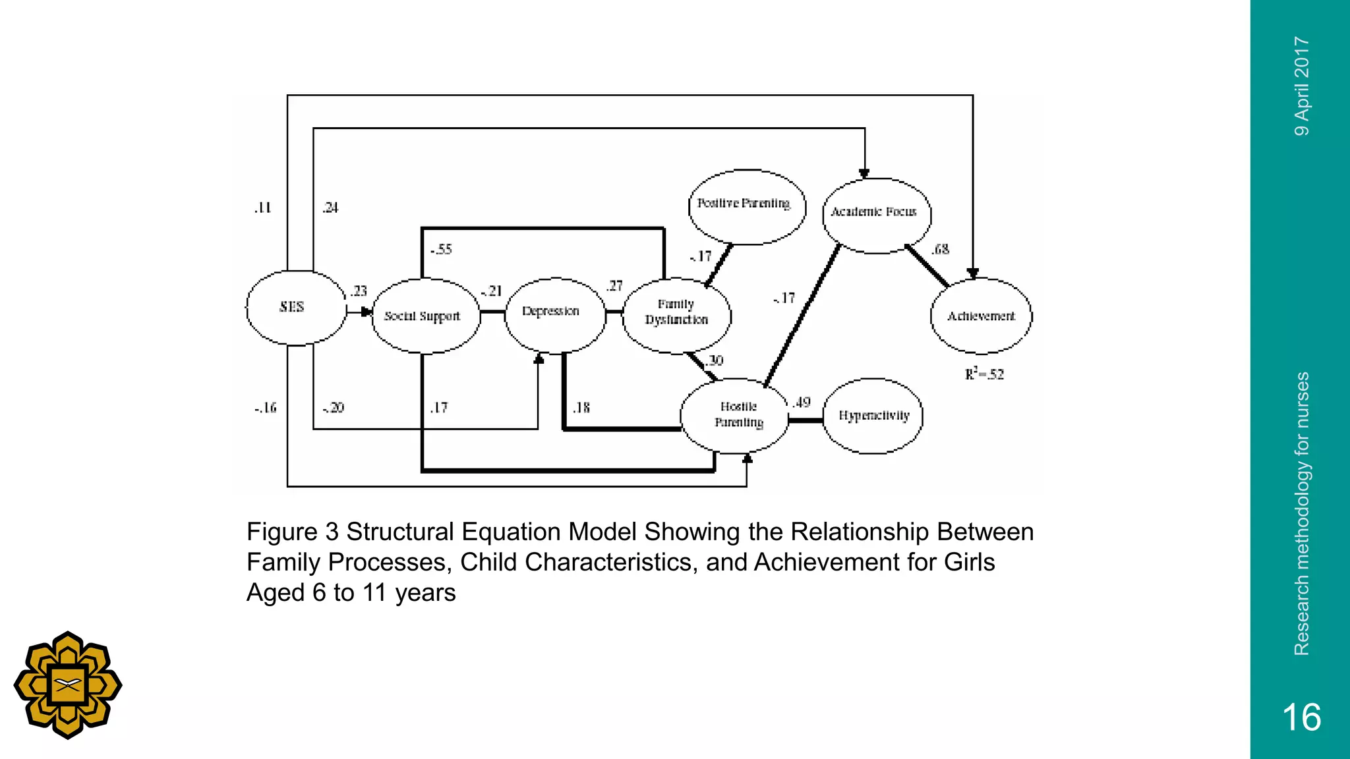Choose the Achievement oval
(981, 316)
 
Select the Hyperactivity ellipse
(873, 416)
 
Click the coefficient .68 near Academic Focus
(941, 249)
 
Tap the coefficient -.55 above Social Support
(441, 250)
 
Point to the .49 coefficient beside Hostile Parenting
(802, 403)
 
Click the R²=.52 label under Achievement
(984, 374)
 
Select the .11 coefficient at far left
(262, 208)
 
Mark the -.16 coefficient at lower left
(265, 408)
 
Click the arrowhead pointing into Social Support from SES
(368, 312)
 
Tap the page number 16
(1301, 717)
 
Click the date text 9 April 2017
(1301, 86)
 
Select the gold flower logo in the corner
(68, 685)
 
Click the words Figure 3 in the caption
(293, 532)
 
